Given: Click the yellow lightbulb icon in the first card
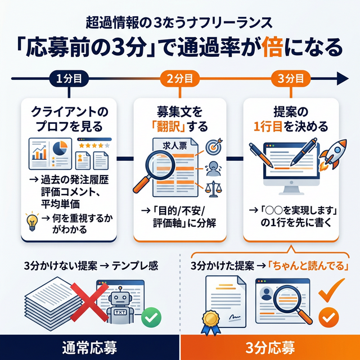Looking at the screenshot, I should click(x=33, y=220).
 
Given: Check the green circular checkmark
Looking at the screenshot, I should click(x=151, y=318).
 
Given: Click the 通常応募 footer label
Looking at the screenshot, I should click(x=89, y=347).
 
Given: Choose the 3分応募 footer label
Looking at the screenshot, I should click(x=270, y=347).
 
